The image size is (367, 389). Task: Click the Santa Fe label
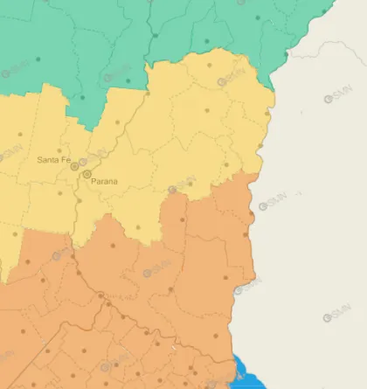53,160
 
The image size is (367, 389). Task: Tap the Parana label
104,182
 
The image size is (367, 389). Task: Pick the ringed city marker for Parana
87,175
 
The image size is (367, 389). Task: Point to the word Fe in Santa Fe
65,160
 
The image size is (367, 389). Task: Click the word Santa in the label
47,160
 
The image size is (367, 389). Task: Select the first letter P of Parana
93,182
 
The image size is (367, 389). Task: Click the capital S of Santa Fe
40,160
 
